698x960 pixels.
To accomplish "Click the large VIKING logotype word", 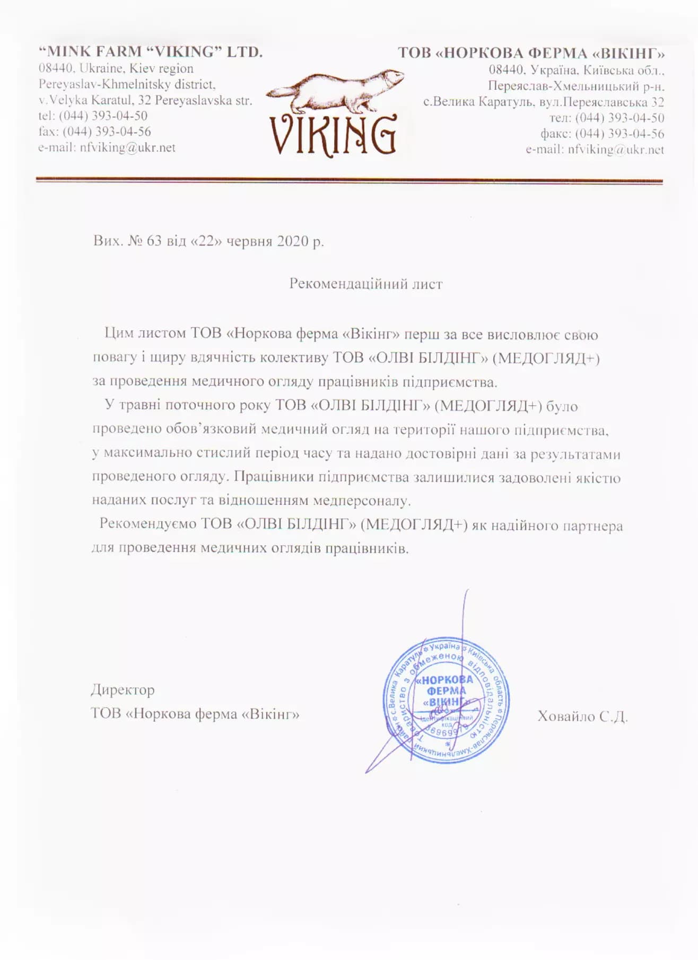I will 333,135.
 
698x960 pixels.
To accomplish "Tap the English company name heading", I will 151,52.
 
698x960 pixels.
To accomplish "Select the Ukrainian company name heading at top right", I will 531,53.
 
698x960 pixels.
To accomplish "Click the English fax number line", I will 94,132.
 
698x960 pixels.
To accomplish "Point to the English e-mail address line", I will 107,147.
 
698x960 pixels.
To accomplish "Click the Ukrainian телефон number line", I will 606,118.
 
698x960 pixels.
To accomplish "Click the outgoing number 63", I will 154,241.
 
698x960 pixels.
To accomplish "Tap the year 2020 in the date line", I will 292,241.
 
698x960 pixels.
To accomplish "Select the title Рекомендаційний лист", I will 365,284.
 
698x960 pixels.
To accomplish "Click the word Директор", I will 123,690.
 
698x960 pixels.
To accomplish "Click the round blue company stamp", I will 446,700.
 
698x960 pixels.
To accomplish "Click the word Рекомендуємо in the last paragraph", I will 147,524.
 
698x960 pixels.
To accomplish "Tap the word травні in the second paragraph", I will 139,405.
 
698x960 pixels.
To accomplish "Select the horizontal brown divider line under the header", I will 349,180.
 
